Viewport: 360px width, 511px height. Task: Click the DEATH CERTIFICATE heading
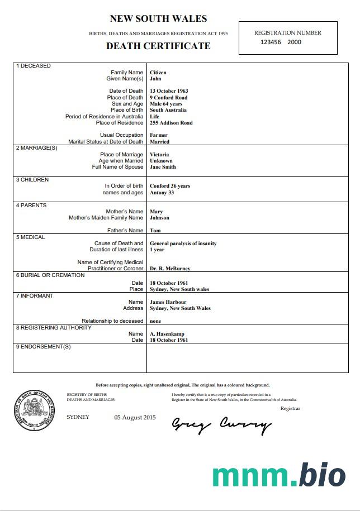[158, 46]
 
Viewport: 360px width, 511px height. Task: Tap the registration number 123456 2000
[281, 42]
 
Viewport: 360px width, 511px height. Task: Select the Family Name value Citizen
[158, 73]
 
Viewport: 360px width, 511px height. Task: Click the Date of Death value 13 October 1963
[169, 91]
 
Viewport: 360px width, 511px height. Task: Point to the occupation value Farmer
[159, 135]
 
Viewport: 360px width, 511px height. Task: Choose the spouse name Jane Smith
[163, 167]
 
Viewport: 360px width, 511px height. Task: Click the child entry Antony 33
[162, 193]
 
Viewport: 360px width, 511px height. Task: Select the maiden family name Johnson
[159, 218]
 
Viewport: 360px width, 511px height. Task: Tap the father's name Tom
[155, 231]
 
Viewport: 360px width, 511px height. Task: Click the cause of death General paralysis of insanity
[183, 243]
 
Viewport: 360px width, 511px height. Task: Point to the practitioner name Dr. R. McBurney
[170, 269]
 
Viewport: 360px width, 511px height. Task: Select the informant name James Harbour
[168, 302]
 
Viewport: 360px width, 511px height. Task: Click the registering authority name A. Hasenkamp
[167, 334]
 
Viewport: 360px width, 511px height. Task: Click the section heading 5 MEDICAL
[31, 237]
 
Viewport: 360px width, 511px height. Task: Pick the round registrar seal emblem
[36, 410]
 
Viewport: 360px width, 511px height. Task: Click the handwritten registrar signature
[221, 425]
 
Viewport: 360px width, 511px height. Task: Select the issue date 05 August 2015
[135, 418]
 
